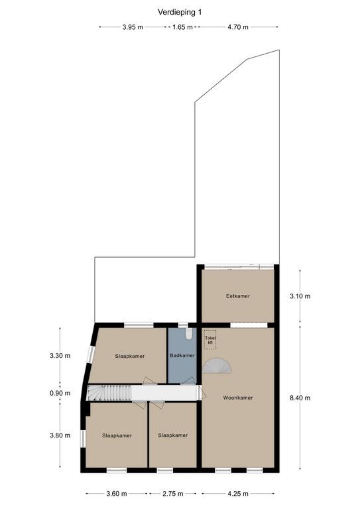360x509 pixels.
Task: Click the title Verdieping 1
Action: [x=180, y=13]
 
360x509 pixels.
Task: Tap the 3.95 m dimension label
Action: [x=133, y=27]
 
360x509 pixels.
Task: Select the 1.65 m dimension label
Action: [x=182, y=27]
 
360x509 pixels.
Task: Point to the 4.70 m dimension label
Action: [x=238, y=27]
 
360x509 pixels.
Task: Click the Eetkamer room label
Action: [x=238, y=296]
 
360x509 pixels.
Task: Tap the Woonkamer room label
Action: [x=238, y=398]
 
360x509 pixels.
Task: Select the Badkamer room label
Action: [x=182, y=355]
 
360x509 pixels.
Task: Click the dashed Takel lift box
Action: [x=210, y=340]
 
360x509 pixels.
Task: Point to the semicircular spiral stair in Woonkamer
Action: [x=217, y=366]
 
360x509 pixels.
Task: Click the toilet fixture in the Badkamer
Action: [x=189, y=334]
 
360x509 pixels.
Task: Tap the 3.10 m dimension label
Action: [x=300, y=296]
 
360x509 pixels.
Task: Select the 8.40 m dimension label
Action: [x=300, y=398]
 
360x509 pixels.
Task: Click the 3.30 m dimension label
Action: [x=60, y=356]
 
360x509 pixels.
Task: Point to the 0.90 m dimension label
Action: [x=60, y=394]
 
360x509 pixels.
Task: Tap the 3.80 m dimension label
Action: [x=60, y=435]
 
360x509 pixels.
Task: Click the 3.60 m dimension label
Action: [x=117, y=494]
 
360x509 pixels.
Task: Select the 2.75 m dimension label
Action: [x=173, y=494]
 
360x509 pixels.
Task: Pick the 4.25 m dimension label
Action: [x=238, y=494]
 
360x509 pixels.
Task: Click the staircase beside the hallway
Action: [x=109, y=393]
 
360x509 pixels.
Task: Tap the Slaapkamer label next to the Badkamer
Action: [x=130, y=356]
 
